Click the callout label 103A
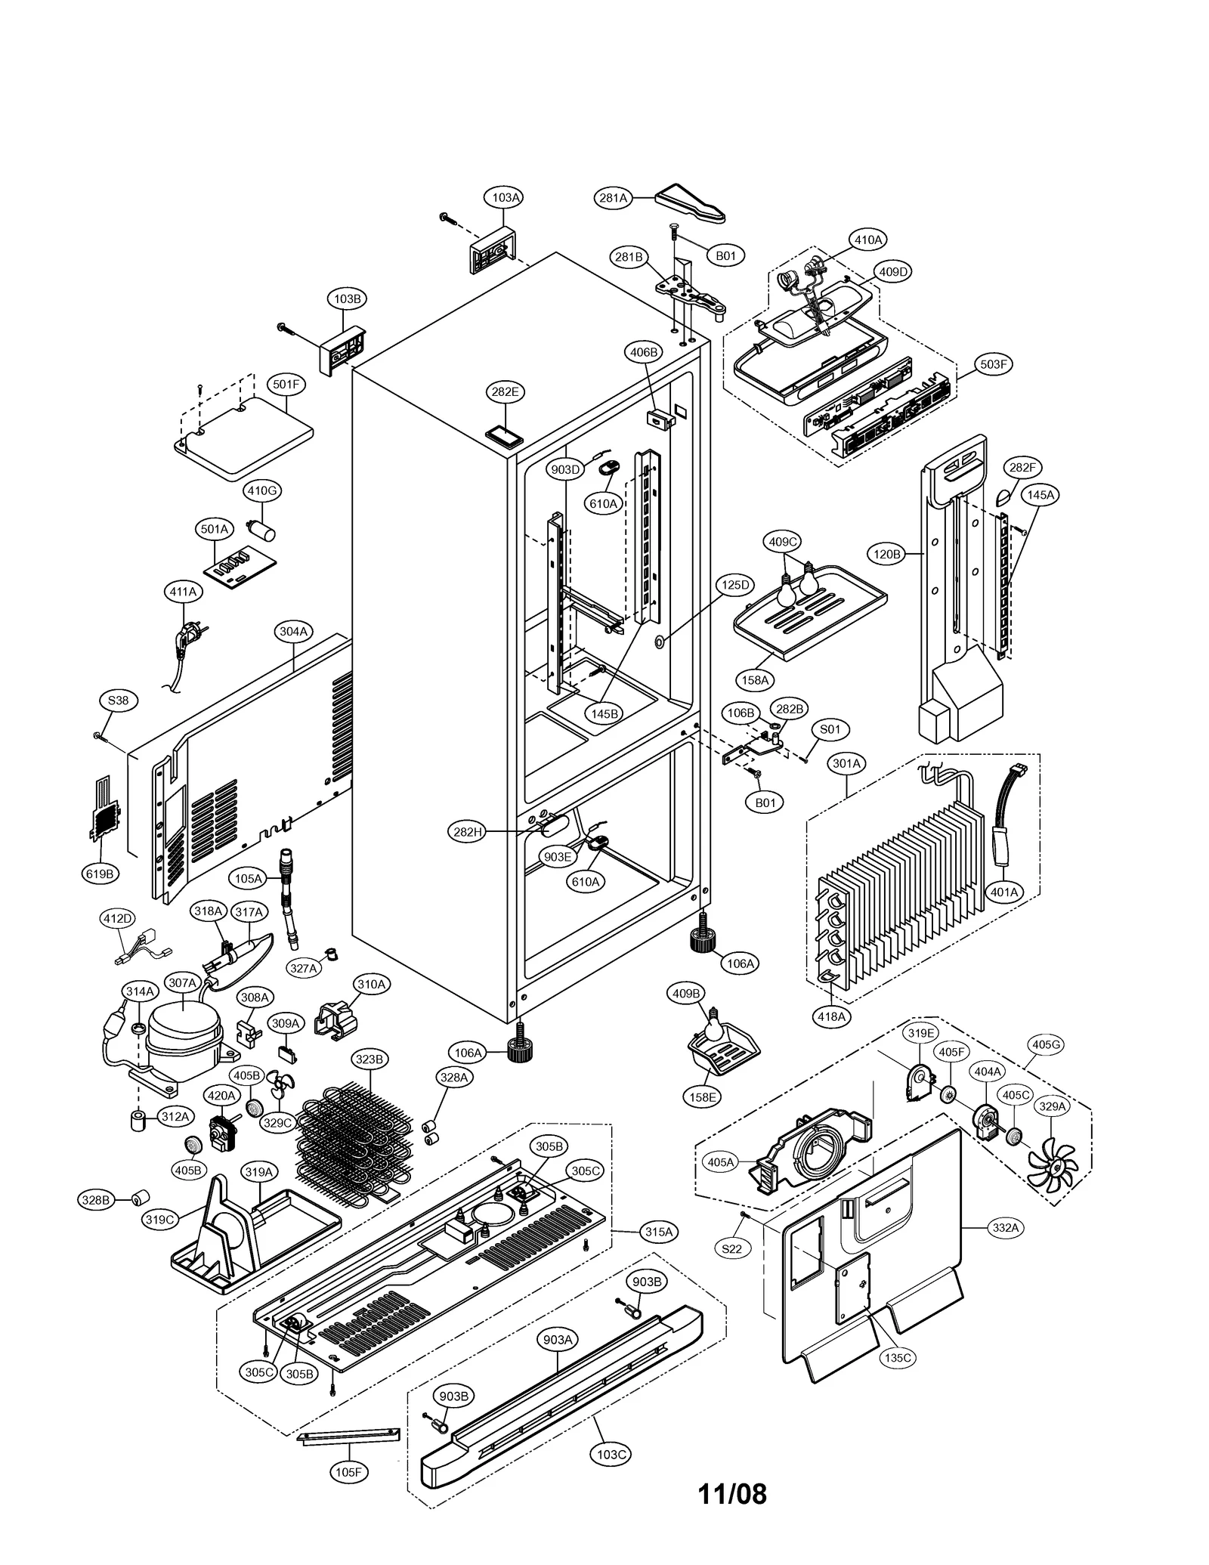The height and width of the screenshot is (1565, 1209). click(x=505, y=197)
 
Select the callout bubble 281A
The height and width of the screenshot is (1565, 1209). click(x=613, y=198)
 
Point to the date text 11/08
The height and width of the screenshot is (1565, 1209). click(x=731, y=1494)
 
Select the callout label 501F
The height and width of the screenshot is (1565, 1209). click(x=286, y=385)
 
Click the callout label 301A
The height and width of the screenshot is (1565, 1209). click(x=846, y=764)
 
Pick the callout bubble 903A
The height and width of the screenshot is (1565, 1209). click(x=558, y=1340)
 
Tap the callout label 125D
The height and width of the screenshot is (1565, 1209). click(x=734, y=585)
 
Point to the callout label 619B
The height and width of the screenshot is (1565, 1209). click(x=100, y=874)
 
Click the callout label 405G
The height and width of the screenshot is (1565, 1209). click(x=1046, y=1045)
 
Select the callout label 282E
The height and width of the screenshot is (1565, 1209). click(x=505, y=392)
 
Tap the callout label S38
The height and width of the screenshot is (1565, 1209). click(x=118, y=701)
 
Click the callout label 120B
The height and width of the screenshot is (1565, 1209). click(x=887, y=555)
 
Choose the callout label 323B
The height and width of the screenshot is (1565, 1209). click(x=370, y=1059)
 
